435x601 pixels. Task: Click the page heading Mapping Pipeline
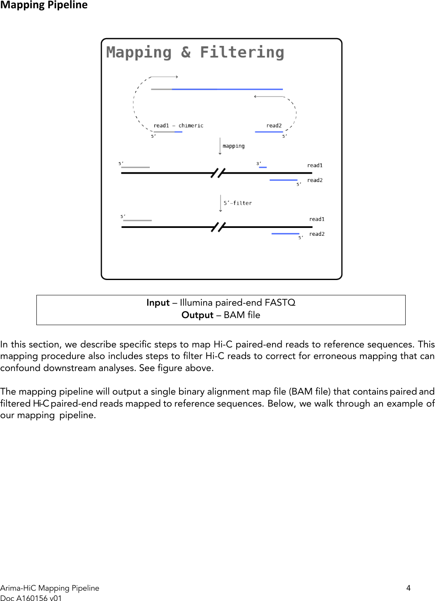tap(44, 5)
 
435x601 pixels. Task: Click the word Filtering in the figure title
tap(242, 53)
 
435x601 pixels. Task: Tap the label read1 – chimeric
tap(178, 125)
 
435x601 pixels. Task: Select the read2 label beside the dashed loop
tap(274, 125)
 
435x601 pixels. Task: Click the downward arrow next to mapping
tap(220, 146)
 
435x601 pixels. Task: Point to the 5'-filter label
tap(237, 203)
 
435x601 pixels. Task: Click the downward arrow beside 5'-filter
tap(220, 203)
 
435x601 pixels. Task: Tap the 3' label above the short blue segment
tap(259, 163)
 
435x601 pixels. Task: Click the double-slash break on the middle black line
tap(218, 173)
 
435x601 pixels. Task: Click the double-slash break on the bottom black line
tap(218, 227)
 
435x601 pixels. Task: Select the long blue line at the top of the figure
tap(227, 89)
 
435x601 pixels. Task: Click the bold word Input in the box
tap(158, 303)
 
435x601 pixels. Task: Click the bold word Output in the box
tap(197, 315)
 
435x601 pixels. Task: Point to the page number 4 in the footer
tap(409, 588)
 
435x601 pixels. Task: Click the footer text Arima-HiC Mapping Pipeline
tap(50, 588)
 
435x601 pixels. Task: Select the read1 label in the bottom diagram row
tap(317, 219)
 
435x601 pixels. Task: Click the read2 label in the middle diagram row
tap(315, 180)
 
